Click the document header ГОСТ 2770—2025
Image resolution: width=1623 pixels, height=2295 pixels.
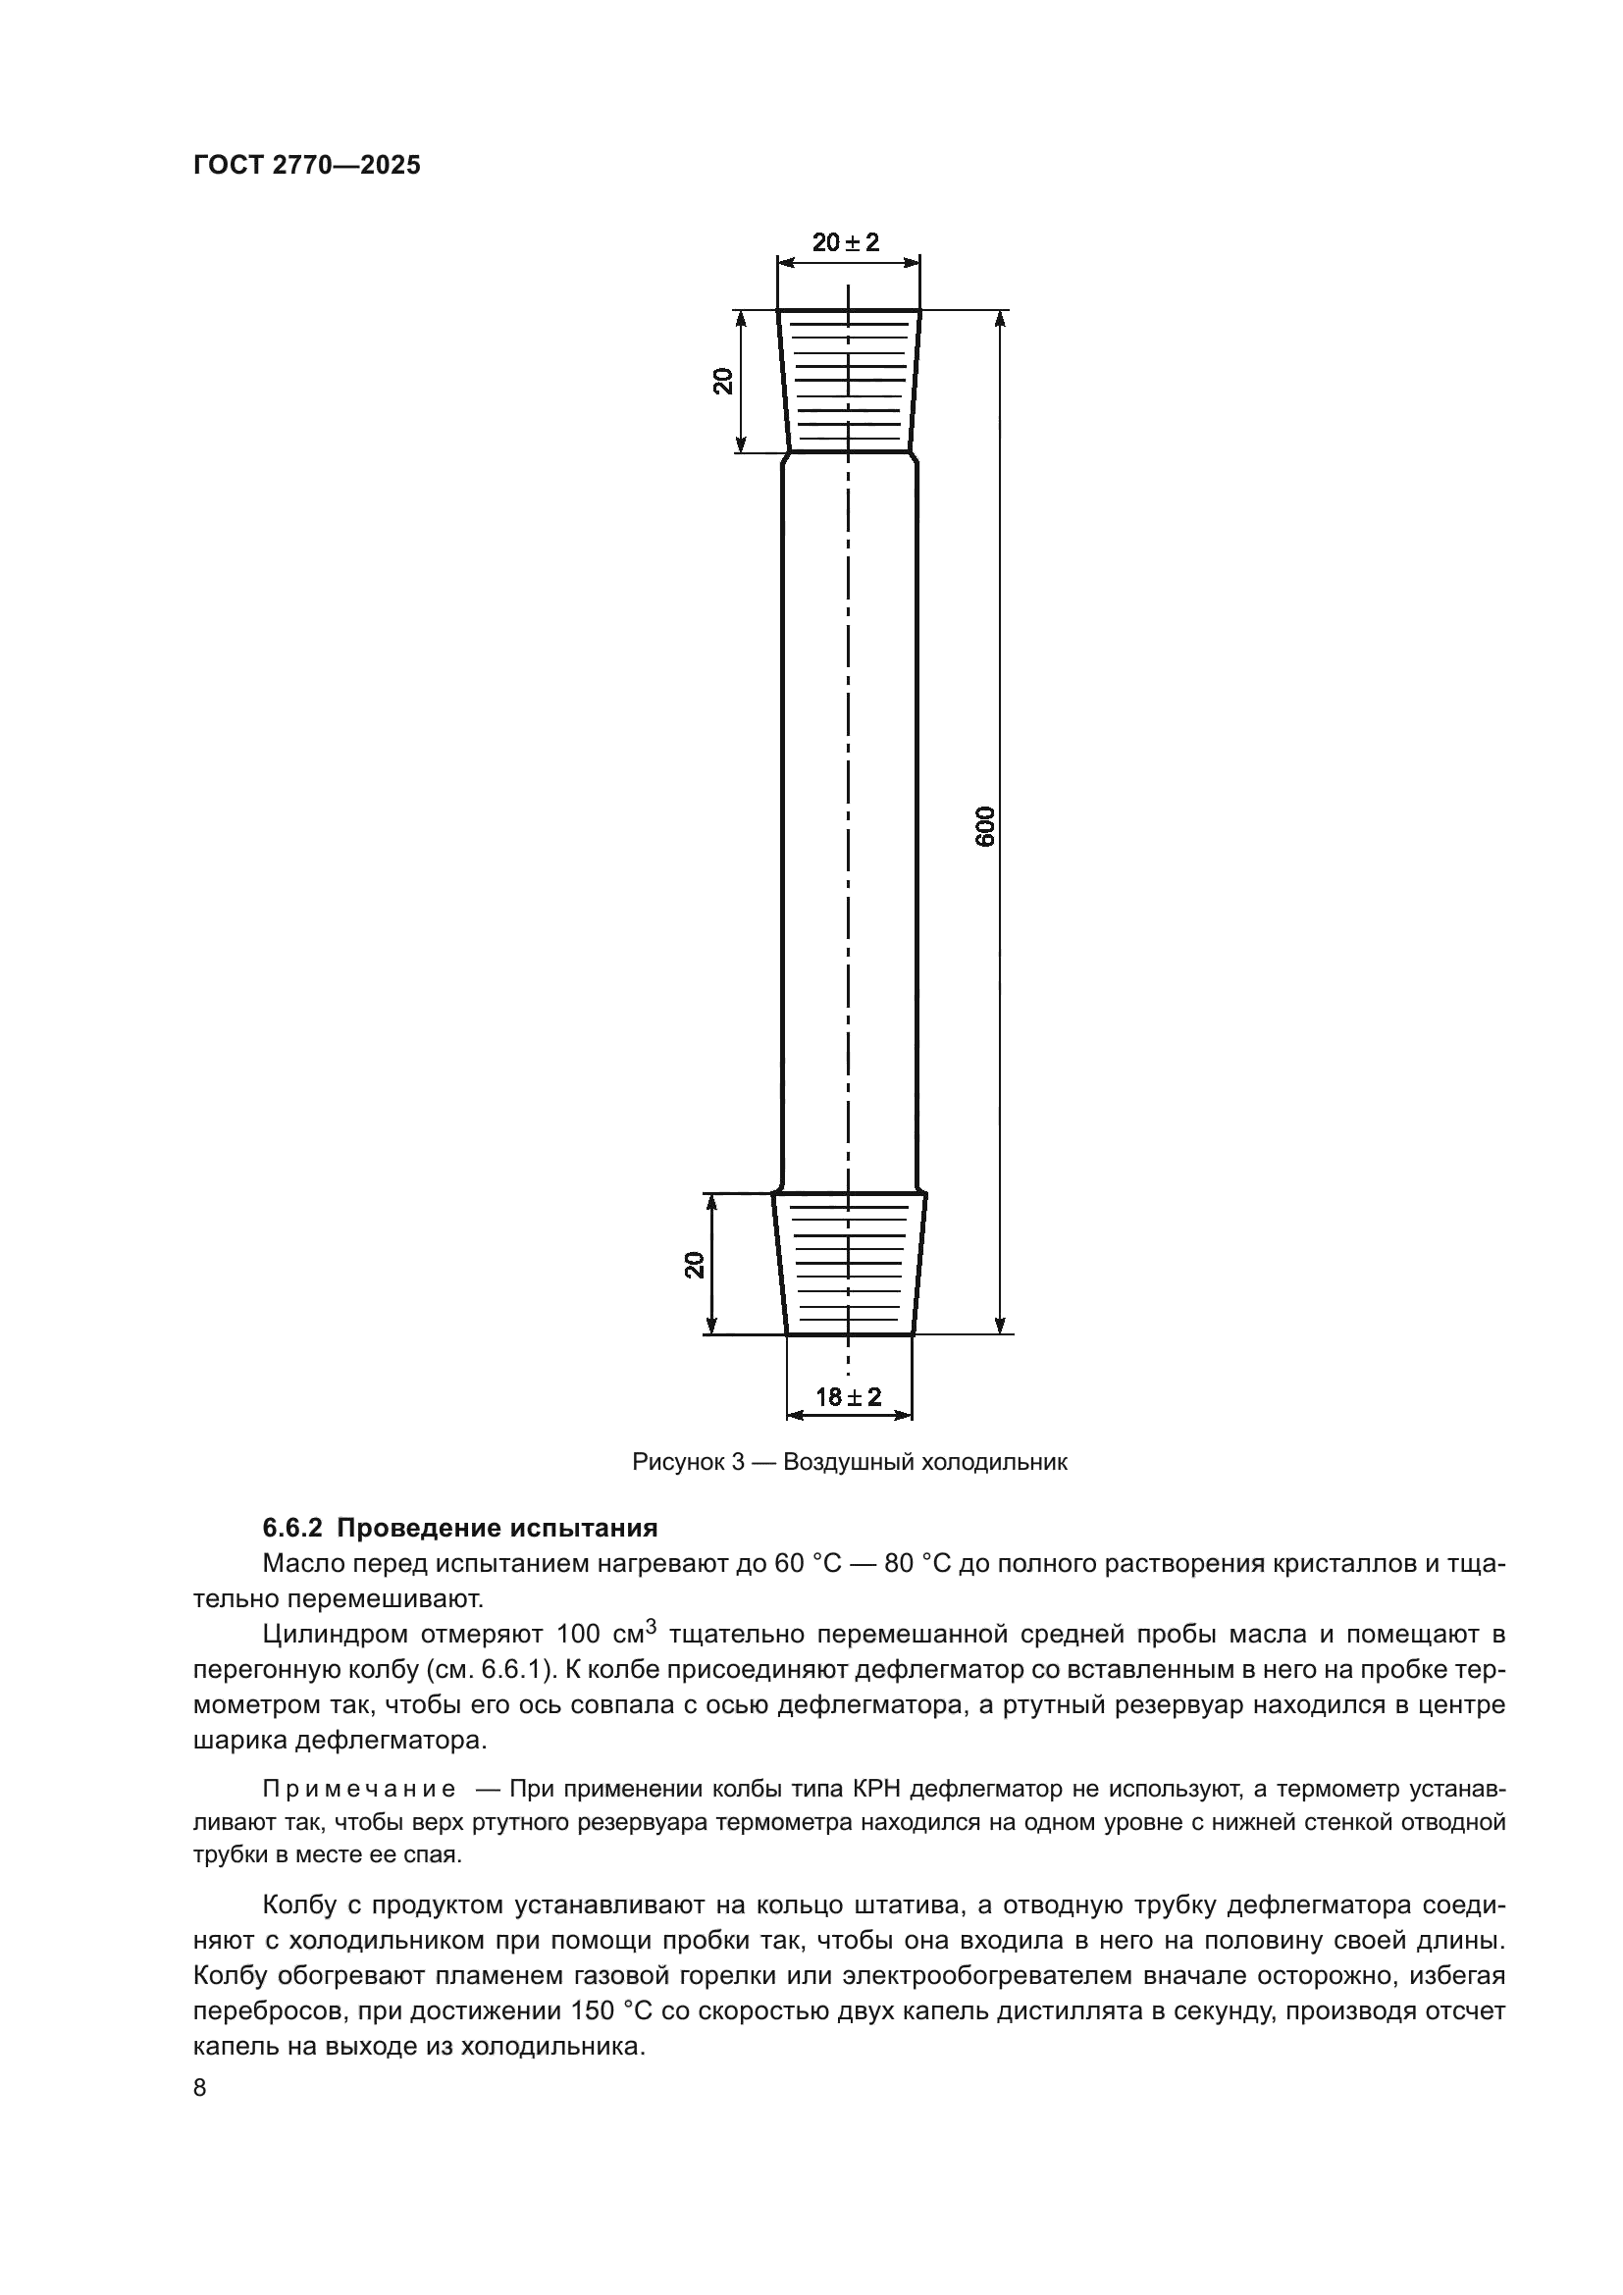tap(307, 166)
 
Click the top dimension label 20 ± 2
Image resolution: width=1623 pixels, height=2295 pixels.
tap(846, 242)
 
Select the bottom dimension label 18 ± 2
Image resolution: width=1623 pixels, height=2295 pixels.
tap(849, 1396)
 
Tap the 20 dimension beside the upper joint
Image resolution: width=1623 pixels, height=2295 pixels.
tap(722, 381)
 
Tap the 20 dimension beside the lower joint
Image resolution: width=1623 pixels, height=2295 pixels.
tap(695, 1265)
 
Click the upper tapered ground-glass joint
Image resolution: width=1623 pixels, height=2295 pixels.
tap(849, 381)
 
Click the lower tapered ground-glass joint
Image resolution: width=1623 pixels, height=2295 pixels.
tap(849, 1265)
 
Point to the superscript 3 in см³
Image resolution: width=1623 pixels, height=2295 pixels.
tap(651, 1626)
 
